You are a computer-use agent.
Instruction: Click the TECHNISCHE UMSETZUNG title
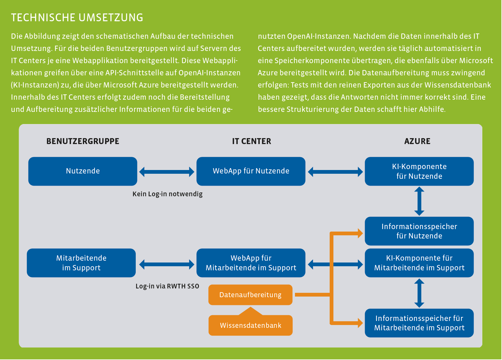click(77, 17)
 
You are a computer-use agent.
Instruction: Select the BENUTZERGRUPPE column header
click(83, 141)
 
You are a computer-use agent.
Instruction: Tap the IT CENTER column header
click(251, 141)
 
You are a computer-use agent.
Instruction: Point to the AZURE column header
click(417, 141)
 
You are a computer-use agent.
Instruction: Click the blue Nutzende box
click(83, 171)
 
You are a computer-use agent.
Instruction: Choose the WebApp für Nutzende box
click(251, 171)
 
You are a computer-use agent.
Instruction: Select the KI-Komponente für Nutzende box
click(419, 171)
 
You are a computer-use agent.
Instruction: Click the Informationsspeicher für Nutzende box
click(419, 231)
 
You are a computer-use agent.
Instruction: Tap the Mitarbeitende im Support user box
click(81, 263)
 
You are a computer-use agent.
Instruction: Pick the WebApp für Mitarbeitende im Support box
click(251, 263)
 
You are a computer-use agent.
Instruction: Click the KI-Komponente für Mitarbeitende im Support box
click(419, 263)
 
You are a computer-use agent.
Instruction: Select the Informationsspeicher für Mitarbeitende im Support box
click(419, 323)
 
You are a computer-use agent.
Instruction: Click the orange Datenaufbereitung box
click(250, 295)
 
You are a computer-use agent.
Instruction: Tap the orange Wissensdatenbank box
click(251, 325)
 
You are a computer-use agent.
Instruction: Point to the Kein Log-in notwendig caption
click(167, 194)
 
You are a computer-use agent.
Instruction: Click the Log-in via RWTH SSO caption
click(167, 286)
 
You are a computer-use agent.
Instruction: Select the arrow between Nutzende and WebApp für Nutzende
click(167, 172)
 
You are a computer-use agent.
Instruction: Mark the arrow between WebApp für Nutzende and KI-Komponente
click(335, 172)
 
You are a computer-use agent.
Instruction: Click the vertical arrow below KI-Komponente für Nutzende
click(419, 201)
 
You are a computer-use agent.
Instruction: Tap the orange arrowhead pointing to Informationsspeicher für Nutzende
click(360, 233)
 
